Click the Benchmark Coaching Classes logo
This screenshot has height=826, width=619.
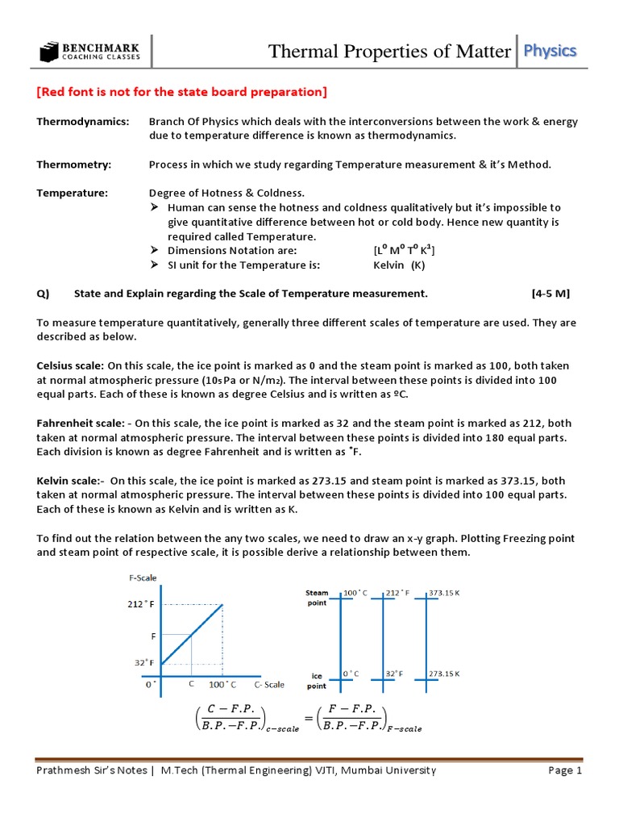[89, 52]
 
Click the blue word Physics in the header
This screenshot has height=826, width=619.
[550, 51]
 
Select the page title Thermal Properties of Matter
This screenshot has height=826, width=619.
[389, 52]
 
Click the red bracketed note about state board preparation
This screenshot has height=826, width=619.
[181, 92]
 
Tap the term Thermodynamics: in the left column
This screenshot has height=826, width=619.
[82, 121]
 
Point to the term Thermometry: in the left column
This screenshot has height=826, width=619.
[74, 165]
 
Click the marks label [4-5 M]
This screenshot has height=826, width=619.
[555, 294]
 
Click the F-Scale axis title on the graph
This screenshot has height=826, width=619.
[143, 578]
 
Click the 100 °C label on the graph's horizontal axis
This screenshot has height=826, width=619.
[222, 685]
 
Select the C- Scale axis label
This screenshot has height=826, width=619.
[269, 685]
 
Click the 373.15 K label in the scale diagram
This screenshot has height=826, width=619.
[444, 593]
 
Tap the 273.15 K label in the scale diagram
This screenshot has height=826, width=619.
[444, 673]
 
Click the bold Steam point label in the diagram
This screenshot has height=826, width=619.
[317, 598]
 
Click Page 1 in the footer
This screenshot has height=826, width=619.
[565, 770]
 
